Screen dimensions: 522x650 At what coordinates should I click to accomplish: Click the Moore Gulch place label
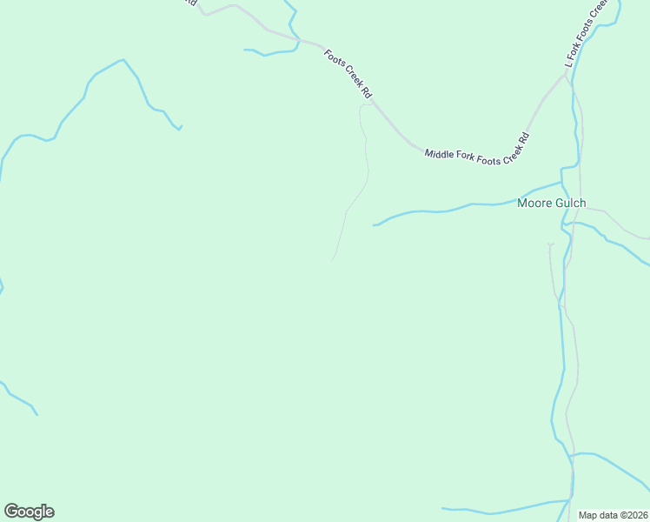[x=551, y=204]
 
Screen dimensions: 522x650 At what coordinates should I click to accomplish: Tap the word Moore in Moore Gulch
[x=534, y=204]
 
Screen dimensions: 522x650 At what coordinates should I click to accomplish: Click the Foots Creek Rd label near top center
[x=348, y=72]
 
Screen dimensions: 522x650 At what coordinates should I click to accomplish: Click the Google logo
[x=29, y=512]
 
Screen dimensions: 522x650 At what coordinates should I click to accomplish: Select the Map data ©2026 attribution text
[x=613, y=514]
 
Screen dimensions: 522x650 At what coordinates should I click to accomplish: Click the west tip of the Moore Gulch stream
[x=375, y=225]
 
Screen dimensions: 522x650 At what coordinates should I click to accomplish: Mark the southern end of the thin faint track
[x=331, y=259]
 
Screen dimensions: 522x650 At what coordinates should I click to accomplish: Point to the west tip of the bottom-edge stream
[x=442, y=508]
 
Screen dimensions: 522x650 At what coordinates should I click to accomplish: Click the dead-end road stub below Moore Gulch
[x=549, y=244]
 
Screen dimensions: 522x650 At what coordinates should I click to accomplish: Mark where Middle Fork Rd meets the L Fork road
[x=567, y=76]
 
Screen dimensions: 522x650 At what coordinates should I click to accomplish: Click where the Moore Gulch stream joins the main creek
[x=562, y=183]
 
